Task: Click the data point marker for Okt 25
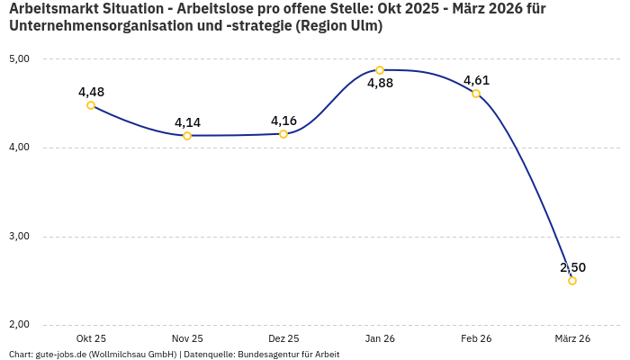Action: [91, 105]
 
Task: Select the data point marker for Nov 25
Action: [187, 136]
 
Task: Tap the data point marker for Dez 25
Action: [283, 134]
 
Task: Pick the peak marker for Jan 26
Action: [380, 70]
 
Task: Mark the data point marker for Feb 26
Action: [476, 94]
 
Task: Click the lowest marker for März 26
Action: [572, 281]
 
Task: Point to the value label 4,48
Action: [91, 92]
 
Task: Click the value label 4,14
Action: [187, 122]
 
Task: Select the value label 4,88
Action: [380, 84]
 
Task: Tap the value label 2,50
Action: [572, 267]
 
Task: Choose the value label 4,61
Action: [476, 80]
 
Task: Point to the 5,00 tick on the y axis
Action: [19, 59]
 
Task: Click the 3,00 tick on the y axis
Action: [19, 237]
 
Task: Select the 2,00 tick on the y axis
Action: [19, 325]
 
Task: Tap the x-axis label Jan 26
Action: [380, 338]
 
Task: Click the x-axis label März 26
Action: [572, 338]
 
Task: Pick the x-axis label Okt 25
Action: [91, 338]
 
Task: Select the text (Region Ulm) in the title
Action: [339, 27]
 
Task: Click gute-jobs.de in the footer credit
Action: [64, 355]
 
